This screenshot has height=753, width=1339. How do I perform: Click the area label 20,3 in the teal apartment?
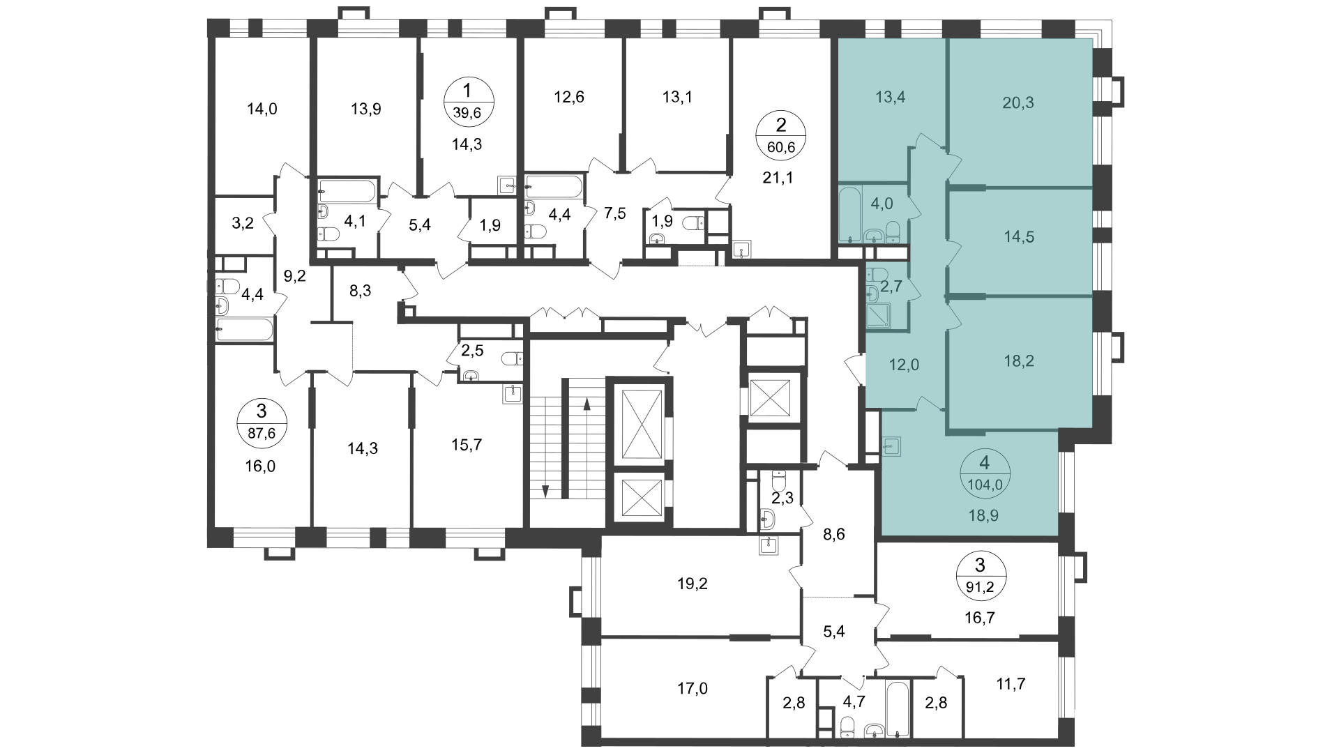[x=1019, y=103]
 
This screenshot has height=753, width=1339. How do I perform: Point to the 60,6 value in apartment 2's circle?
[x=781, y=146]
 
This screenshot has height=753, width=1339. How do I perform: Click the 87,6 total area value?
[x=262, y=433]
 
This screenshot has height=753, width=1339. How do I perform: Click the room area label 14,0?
[x=262, y=109]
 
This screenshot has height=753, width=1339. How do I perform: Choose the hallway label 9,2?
[x=295, y=275]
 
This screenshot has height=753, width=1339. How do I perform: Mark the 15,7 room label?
[x=467, y=445]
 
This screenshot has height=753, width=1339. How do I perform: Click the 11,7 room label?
[x=1011, y=684]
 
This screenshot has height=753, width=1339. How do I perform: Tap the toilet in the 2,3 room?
[x=778, y=480]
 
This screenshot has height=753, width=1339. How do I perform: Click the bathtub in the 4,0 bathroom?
[x=849, y=213]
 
